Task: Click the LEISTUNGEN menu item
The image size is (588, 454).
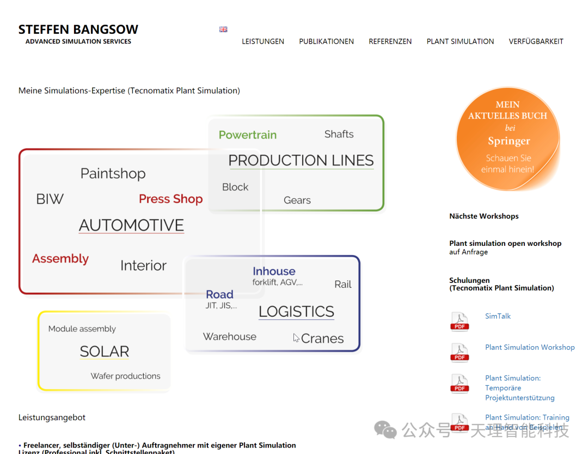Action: coord(263,41)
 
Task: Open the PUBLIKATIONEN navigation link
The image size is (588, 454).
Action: coord(326,41)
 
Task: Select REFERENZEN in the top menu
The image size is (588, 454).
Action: coord(390,41)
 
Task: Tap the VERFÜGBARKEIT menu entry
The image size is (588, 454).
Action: coord(536,41)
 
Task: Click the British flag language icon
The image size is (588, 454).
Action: coord(223,29)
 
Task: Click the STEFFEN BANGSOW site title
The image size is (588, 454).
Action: coord(78,29)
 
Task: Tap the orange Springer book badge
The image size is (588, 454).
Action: coord(507,138)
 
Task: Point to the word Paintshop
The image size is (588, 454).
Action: coord(113,174)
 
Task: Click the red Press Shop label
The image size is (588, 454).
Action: coord(170,199)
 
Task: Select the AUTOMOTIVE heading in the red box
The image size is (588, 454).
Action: coord(131,225)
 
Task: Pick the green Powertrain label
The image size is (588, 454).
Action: coord(248,135)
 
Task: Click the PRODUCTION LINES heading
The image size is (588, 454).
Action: coord(301,160)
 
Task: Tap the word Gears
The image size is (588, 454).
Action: coord(297,201)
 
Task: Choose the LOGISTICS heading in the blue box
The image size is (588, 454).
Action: coord(296,312)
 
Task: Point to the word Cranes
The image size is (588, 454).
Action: coord(322,338)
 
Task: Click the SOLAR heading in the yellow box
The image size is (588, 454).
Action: coord(105,352)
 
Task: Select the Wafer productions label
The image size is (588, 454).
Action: coord(125,376)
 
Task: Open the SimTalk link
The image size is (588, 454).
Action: coord(498,316)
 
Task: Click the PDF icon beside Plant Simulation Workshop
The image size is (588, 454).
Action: coord(460,353)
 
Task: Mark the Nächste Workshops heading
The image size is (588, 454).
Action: coord(483,216)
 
